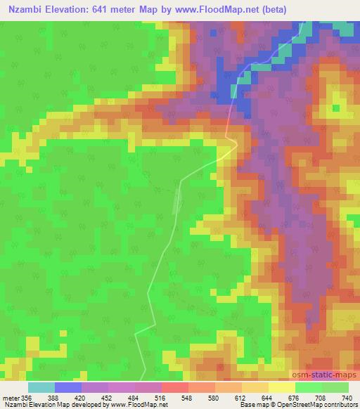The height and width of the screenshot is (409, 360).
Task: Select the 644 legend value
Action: [x=269, y=398]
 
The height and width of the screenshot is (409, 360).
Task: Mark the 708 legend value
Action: [x=323, y=398]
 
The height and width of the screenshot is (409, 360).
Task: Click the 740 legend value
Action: [x=348, y=398]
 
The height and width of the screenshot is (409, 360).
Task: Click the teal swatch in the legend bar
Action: [x=41, y=387]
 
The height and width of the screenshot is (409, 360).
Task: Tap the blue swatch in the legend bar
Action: [x=68, y=387]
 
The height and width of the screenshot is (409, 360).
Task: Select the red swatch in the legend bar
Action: [x=175, y=387]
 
